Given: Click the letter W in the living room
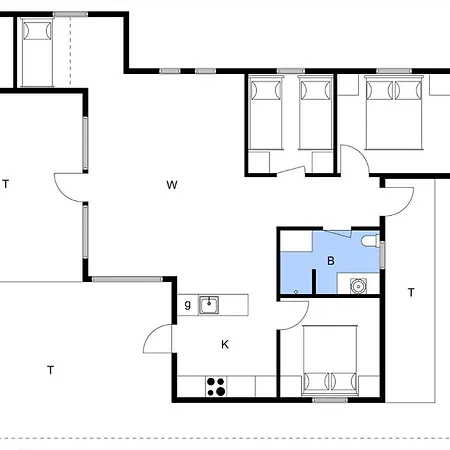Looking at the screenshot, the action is [x=172, y=185].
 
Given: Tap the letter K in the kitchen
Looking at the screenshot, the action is [x=225, y=344].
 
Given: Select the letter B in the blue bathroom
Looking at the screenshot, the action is [x=331, y=261].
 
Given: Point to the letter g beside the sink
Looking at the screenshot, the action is [x=188, y=304].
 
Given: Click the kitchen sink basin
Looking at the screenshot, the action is [x=209, y=305].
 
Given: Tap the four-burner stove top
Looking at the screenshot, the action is [x=216, y=387].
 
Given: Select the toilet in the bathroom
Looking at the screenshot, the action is [x=371, y=241].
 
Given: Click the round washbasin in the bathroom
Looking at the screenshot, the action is [x=358, y=286].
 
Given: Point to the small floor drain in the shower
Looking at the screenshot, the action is [x=296, y=292].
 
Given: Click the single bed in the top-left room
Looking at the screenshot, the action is [x=37, y=52].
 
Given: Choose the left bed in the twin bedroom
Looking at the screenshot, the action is [x=266, y=112].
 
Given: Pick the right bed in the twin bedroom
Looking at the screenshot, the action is [x=315, y=112].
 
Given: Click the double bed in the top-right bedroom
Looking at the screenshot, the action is [x=394, y=112].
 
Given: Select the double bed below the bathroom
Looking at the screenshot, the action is [x=330, y=360].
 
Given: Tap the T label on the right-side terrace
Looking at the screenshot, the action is [x=411, y=293].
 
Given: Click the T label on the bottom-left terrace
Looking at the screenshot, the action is [x=50, y=370].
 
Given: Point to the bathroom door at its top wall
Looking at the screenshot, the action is [x=337, y=233].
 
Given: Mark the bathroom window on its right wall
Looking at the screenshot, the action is [x=382, y=255].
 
